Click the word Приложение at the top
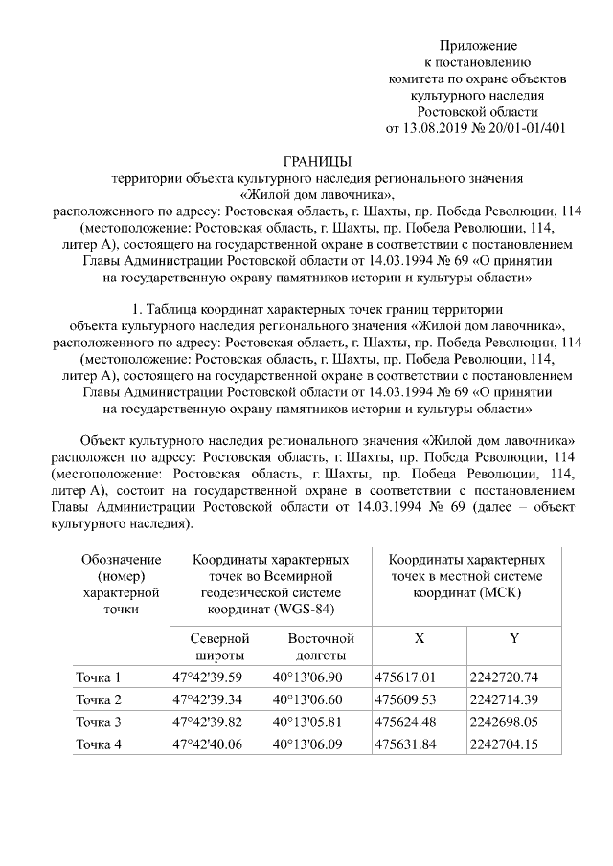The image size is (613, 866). (478, 46)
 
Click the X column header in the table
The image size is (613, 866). (420, 638)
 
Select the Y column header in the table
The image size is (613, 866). (513, 638)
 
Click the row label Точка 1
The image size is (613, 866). (98, 678)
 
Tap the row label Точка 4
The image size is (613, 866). (98, 744)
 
